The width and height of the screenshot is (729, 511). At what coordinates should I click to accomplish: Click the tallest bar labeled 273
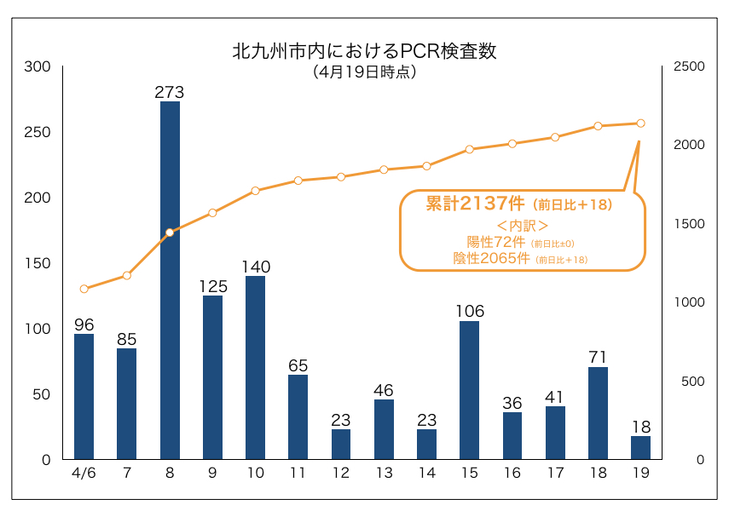(x=170, y=281)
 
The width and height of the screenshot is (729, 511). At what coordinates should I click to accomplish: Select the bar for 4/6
(x=84, y=397)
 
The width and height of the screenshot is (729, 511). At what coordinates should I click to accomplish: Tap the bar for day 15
(x=469, y=390)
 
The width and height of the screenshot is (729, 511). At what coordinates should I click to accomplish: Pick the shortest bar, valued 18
(x=640, y=448)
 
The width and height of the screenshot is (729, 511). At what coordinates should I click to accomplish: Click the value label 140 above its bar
(x=256, y=267)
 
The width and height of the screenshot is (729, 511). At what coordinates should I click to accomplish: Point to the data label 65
(x=298, y=365)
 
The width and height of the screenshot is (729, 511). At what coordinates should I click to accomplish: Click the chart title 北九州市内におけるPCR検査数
(x=364, y=51)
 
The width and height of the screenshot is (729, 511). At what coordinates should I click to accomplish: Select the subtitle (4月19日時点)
(x=364, y=72)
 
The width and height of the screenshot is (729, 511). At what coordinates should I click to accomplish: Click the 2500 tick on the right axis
(x=689, y=66)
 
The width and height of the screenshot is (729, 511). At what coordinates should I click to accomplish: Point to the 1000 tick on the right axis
(x=689, y=302)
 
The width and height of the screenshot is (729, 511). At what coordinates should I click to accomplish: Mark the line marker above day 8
(x=170, y=232)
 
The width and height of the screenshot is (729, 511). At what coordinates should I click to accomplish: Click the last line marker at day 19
(x=640, y=123)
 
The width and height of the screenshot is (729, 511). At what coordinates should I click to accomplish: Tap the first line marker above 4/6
(x=84, y=289)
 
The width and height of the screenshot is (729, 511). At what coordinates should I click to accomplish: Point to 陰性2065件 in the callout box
(x=492, y=258)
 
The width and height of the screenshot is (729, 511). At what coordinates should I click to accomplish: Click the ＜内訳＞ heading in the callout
(x=521, y=226)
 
